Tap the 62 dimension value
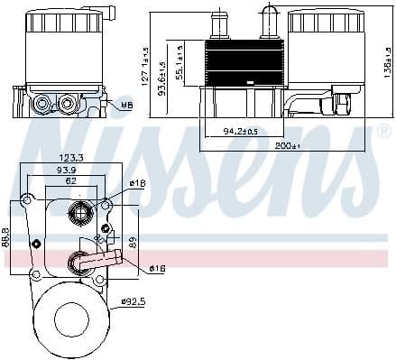coord(69,181)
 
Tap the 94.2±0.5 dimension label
coord(240,132)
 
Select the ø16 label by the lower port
coord(157,268)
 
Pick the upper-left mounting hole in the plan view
coord(28,199)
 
